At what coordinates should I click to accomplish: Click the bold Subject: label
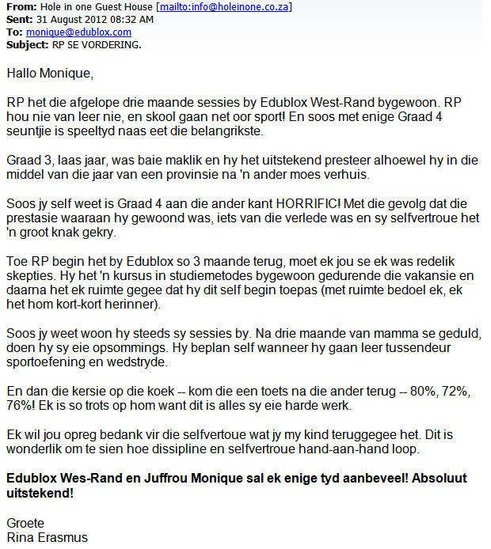pyautogui.click(x=26, y=44)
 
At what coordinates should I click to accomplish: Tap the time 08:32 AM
pyautogui.click(x=120, y=20)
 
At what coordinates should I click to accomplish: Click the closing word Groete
pyautogui.click(x=25, y=523)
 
